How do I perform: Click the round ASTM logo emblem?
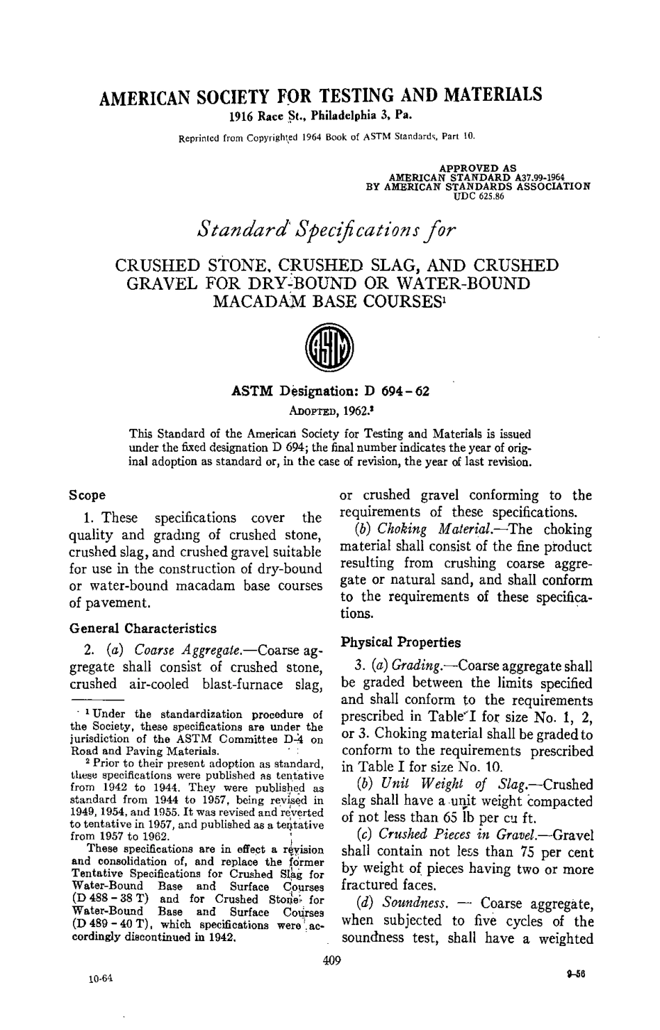click(329, 349)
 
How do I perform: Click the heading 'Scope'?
click(87, 496)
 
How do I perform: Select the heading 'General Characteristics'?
click(143, 628)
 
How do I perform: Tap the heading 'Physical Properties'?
click(399, 641)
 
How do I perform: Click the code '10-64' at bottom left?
click(101, 979)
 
